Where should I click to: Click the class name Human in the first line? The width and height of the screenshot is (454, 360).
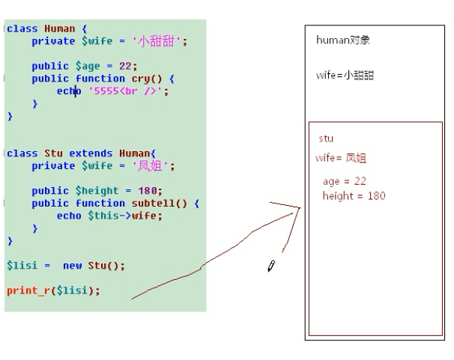point(60,28)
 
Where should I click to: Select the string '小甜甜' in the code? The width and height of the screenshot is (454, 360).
point(159,41)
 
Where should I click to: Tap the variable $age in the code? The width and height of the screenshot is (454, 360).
point(87,66)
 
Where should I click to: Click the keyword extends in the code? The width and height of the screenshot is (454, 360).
point(91,153)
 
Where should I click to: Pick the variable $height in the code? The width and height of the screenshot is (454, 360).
point(97,191)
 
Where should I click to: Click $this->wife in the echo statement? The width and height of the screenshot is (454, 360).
point(124,216)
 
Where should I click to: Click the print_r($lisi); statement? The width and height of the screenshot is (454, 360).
point(53,290)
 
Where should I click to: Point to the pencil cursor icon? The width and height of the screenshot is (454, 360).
point(271,266)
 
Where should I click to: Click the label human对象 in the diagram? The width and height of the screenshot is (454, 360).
point(343,40)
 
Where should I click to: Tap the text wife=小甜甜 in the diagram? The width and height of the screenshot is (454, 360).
point(345,76)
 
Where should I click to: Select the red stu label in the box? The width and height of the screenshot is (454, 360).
point(326,138)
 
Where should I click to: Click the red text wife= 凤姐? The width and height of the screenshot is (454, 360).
point(341,158)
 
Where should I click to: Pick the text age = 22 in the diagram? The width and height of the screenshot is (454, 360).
point(344,182)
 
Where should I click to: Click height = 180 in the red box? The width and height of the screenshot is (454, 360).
point(354,196)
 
